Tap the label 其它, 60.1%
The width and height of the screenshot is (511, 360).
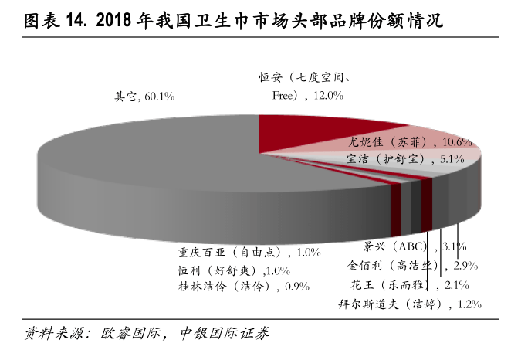click(x=144, y=97)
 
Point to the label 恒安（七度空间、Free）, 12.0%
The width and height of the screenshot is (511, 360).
click(x=306, y=87)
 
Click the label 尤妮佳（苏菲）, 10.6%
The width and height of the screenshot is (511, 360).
click(x=409, y=142)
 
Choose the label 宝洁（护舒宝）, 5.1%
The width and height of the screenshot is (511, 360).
click(x=404, y=159)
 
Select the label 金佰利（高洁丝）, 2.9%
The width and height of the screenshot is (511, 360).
click(x=412, y=266)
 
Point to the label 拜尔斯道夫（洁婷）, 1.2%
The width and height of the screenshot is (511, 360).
click(x=408, y=304)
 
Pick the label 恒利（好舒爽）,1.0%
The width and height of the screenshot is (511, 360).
click(x=232, y=270)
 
